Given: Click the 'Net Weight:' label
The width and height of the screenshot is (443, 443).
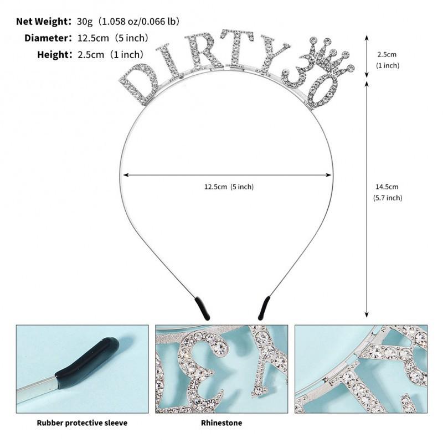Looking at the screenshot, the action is [x=44, y=22].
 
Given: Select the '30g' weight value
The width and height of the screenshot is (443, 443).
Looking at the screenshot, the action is [x=85, y=22].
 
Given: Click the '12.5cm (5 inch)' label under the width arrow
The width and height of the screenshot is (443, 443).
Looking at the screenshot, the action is [x=229, y=187].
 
